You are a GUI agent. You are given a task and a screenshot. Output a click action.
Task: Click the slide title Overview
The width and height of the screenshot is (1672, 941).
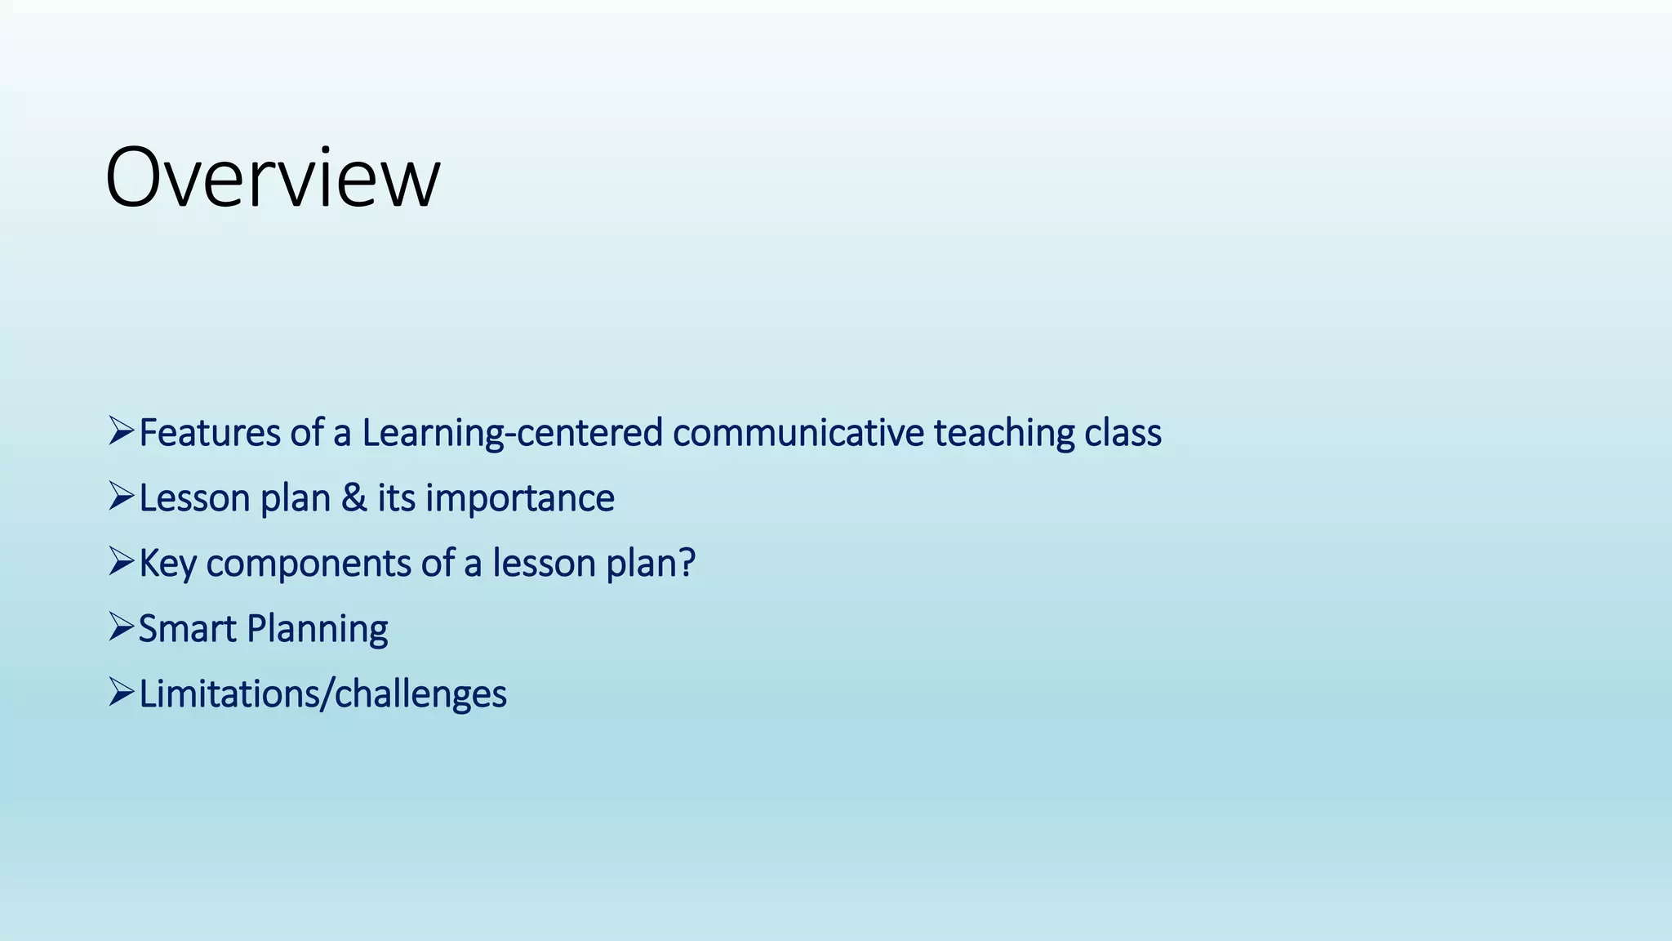273,178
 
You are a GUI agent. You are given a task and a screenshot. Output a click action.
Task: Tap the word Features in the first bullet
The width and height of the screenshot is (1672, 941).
210,433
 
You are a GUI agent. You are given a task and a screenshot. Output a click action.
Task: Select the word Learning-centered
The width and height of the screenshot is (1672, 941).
512,433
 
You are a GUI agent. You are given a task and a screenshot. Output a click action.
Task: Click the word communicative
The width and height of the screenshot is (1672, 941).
798,433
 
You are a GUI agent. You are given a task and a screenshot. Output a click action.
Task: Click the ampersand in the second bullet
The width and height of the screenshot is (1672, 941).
354,498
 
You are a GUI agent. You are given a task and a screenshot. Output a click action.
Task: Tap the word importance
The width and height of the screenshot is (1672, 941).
520,498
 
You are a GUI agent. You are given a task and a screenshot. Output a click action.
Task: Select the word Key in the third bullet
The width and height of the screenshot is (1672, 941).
167,564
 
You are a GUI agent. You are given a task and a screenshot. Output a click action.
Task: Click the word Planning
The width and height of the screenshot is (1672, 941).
317,629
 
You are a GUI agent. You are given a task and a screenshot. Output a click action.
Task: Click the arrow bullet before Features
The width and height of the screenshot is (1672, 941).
121,430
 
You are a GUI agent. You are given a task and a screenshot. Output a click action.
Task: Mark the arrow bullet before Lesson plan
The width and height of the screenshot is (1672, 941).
121,496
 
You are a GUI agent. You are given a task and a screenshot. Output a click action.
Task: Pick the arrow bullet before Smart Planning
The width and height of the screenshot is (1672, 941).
121,627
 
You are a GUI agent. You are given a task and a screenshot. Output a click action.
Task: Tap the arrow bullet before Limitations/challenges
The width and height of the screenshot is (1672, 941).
121,692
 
